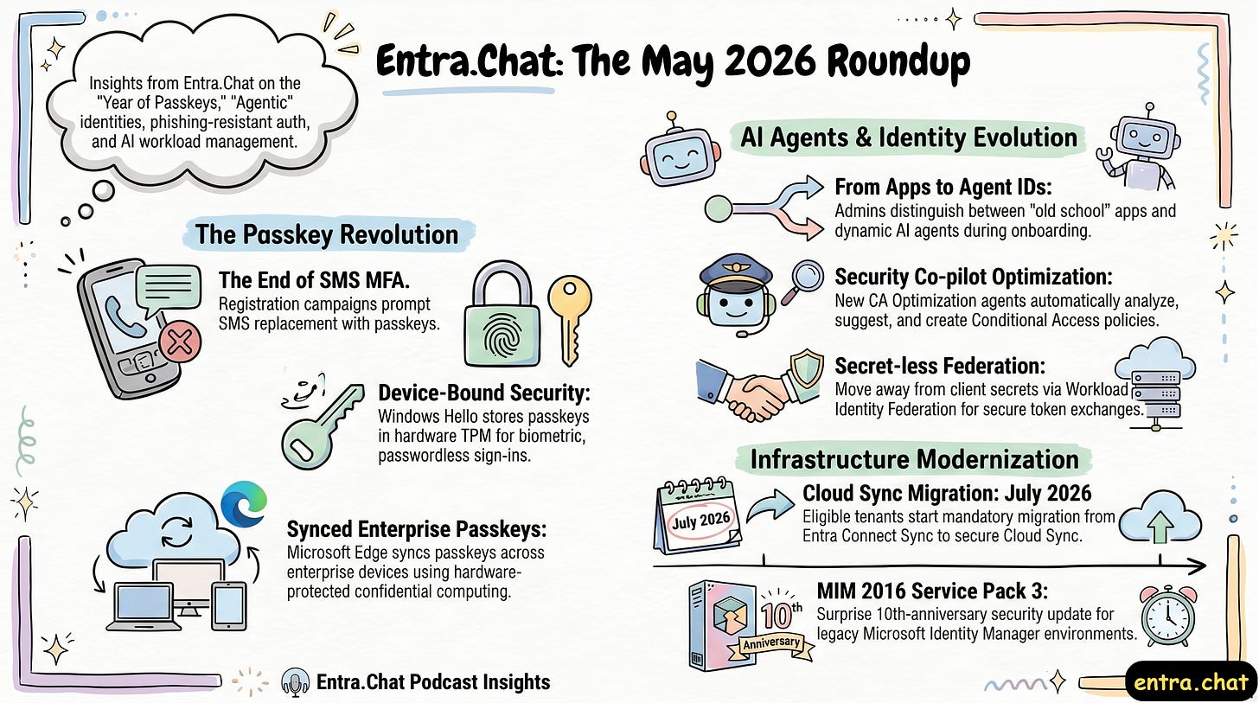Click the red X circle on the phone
(180, 342)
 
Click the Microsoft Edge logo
(244, 503)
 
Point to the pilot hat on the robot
(736, 271)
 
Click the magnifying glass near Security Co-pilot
(802, 282)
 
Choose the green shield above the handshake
(806, 368)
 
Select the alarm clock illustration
(1168, 616)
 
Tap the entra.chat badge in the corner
(1191, 681)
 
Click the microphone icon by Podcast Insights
(295, 682)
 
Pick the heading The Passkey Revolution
(327, 234)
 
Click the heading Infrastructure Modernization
(915, 459)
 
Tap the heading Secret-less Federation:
(940, 366)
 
